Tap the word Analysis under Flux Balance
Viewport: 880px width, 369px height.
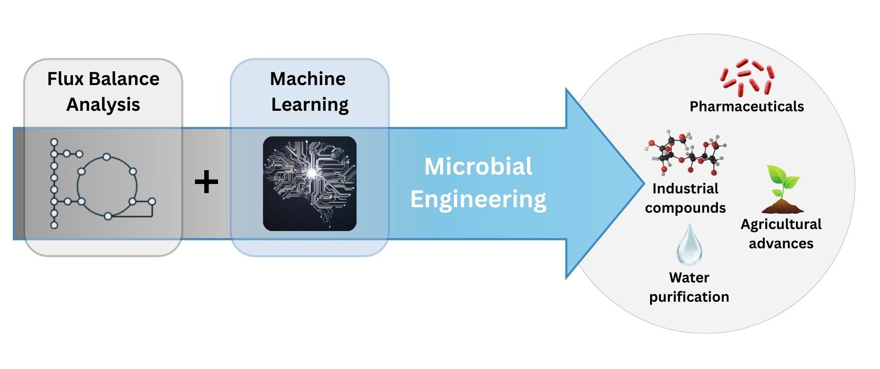103,105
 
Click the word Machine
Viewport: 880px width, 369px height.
308,79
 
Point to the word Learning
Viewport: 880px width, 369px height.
310,105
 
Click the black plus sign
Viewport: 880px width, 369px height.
206,182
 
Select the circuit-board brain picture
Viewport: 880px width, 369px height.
309,184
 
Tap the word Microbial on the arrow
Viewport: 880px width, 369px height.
479,166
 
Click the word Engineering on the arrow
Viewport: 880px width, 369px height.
479,200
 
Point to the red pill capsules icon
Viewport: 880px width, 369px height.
747,77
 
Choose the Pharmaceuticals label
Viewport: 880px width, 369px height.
747,106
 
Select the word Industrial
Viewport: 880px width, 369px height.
685,188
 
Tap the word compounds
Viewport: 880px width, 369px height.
685,208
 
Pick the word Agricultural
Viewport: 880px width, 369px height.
781,225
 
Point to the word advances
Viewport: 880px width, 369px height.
781,243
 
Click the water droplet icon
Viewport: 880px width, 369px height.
689,244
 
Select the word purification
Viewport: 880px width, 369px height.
689,297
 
